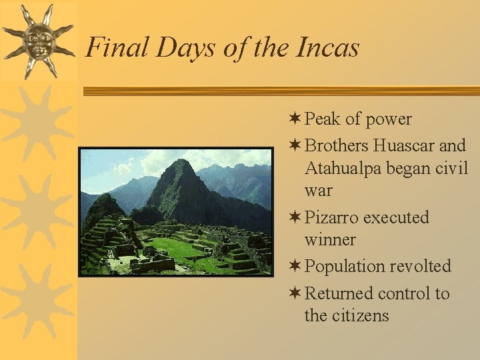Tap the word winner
click(330, 239)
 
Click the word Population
click(345, 266)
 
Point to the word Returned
click(339, 293)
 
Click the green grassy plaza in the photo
click(180, 250)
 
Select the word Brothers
click(337, 145)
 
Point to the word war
click(318, 191)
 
